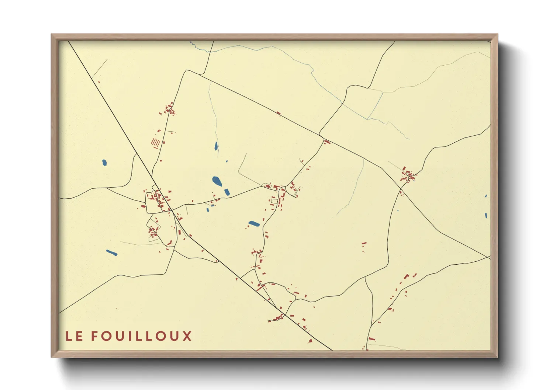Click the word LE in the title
[x=74, y=336]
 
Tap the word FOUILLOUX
[x=141, y=336]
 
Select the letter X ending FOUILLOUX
[x=187, y=336]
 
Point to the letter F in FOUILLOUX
[x=94, y=336]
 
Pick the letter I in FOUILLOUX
[x=131, y=336]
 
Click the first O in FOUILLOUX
[x=106, y=336]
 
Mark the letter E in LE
[x=79, y=336]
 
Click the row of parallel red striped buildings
[x=156, y=142]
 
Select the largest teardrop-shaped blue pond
[x=217, y=181]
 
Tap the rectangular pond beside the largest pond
[x=227, y=192]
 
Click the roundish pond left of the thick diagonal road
[x=104, y=162]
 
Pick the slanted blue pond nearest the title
[x=111, y=253]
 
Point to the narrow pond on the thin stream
[x=216, y=146]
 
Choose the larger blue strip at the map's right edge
[x=486, y=215]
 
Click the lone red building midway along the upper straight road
[x=278, y=114]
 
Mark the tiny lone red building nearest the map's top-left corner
[x=99, y=82]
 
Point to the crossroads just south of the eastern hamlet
[x=401, y=189]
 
